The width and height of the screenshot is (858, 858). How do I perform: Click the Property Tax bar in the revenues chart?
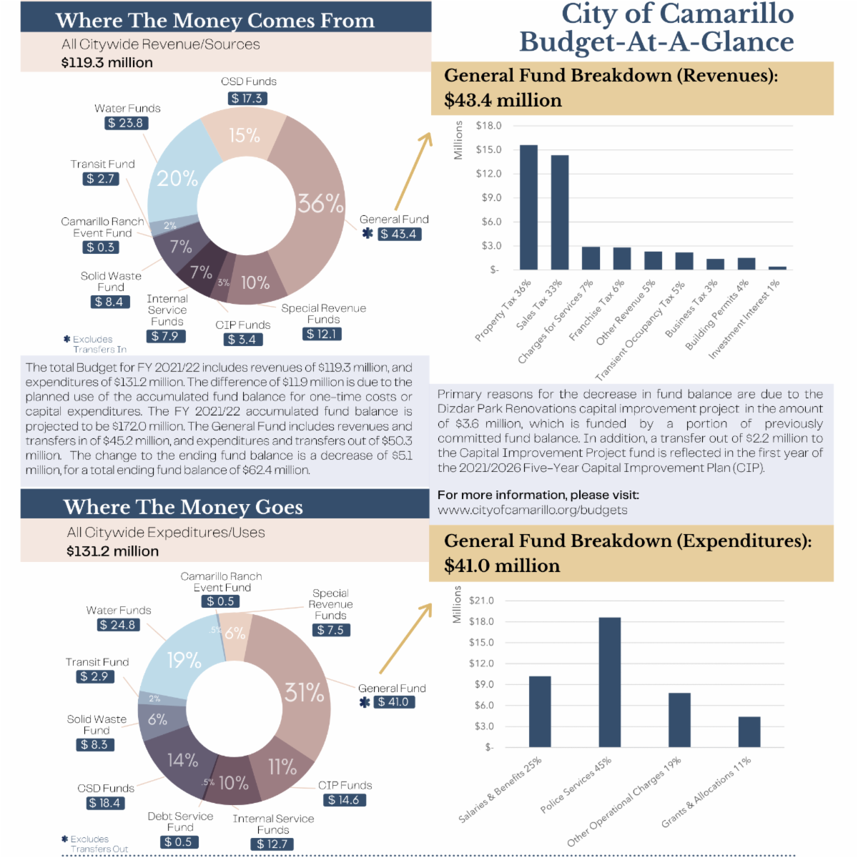[528, 207]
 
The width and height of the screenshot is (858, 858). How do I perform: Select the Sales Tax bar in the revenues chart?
[560, 212]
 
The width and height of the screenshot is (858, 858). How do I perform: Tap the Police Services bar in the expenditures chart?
[610, 682]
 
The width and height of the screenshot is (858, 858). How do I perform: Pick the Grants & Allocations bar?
[749, 731]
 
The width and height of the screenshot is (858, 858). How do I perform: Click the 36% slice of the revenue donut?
[318, 214]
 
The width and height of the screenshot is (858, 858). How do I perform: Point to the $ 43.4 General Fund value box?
[400, 234]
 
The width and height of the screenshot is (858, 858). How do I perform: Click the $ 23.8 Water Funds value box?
[126, 123]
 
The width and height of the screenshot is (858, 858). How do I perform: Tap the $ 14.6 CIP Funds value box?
[344, 800]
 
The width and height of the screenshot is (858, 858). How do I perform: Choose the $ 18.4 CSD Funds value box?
[105, 803]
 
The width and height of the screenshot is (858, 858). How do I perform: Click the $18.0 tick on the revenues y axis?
[488, 126]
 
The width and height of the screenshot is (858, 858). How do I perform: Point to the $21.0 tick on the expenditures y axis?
[481, 601]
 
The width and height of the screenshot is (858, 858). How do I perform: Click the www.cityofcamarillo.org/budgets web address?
[533, 510]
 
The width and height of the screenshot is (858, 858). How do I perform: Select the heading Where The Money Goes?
[183, 507]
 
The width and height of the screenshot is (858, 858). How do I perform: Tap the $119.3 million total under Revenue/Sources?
[107, 62]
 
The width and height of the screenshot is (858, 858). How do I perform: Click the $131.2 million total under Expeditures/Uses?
[113, 551]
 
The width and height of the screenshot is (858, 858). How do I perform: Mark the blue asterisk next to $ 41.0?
[365, 703]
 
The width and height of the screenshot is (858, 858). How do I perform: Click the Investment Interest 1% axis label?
[744, 320]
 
